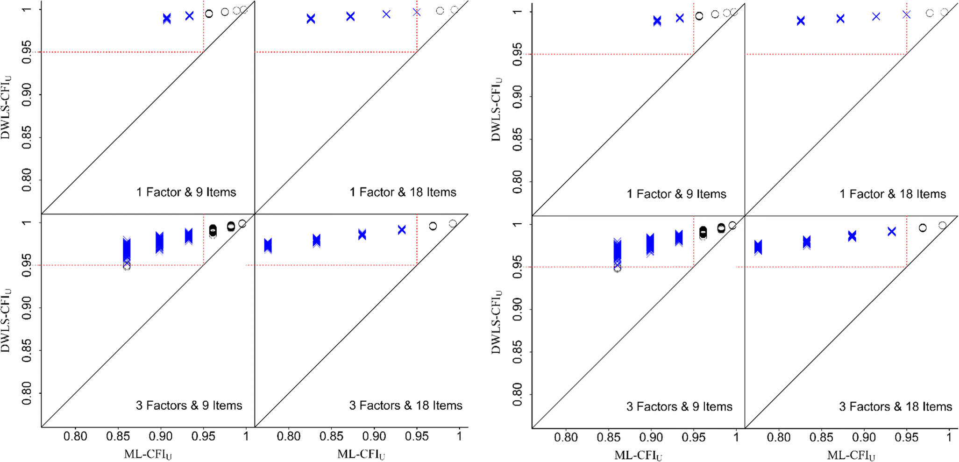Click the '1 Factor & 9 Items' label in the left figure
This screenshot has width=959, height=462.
pos(186,192)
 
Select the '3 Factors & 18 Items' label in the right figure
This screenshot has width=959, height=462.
pos(895,406)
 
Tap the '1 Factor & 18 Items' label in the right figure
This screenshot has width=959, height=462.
pos(892,194)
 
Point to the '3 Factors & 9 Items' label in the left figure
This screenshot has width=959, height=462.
pos(189,405)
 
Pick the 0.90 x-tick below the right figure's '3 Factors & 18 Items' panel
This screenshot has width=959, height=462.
pos(864,438)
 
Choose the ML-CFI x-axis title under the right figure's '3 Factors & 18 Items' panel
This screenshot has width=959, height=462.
pos(851,455)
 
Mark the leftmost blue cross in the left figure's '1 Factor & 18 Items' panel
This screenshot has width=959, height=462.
pos(311,19)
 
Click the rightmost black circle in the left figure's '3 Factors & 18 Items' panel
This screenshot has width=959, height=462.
pos(453,224)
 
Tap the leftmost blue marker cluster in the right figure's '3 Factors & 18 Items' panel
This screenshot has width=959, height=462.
pos(758,247)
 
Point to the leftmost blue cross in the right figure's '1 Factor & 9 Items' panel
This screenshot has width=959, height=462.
pos(657,21)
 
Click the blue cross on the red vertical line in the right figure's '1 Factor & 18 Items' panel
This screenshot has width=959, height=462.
pos(907,14)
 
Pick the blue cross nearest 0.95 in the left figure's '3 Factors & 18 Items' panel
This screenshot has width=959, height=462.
pos(402,230)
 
